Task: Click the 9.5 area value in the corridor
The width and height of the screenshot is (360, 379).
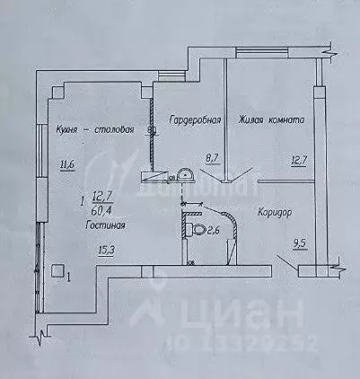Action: pos(300,241)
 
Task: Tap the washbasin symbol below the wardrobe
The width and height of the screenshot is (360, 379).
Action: pos(185,176)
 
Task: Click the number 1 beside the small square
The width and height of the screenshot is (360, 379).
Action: pos(68,277)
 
